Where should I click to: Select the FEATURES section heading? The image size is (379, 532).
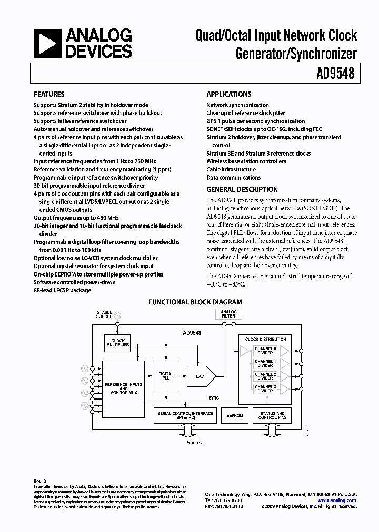(x=49, y=94)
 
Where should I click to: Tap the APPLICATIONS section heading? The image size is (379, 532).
(x=228, y=94)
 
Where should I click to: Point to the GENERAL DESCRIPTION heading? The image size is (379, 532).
(x=242, y=189)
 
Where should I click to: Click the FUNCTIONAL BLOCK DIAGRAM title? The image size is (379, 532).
(x=195, y=302)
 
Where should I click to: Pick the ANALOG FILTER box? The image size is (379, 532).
(x=228, y=314)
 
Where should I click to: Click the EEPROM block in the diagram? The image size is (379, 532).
(x=235, y=415)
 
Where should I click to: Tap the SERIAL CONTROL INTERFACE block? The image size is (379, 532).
(x=185, y=415)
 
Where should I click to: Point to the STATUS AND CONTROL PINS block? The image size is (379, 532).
(x=272, y=415)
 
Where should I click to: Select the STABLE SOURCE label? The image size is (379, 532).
(x=104, y=314)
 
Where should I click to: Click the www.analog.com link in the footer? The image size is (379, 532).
(x=341, y=500)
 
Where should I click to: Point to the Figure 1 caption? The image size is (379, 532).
(x=195, y=443)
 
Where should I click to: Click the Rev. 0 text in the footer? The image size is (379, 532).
(x=40, y=481)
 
